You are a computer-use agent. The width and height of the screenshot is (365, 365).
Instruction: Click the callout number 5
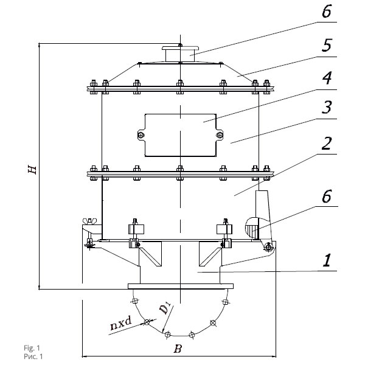(x=327, y=45)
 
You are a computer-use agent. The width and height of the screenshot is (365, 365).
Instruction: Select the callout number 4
(x=327, y=78)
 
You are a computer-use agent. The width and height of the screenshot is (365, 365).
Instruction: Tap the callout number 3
(x=327, y=107)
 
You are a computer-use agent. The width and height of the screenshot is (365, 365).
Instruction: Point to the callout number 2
(x=326, y=144)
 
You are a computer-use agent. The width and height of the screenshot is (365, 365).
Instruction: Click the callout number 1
(x=327, y=260)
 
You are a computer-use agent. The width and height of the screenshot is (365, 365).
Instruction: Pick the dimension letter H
(x=32, y=170)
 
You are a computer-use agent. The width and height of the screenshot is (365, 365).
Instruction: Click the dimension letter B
(x=178, y=349)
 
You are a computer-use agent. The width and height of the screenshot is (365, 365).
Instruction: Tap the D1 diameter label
(x=165, y=307)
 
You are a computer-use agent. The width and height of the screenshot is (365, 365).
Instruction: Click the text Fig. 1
(x=32, y=348)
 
